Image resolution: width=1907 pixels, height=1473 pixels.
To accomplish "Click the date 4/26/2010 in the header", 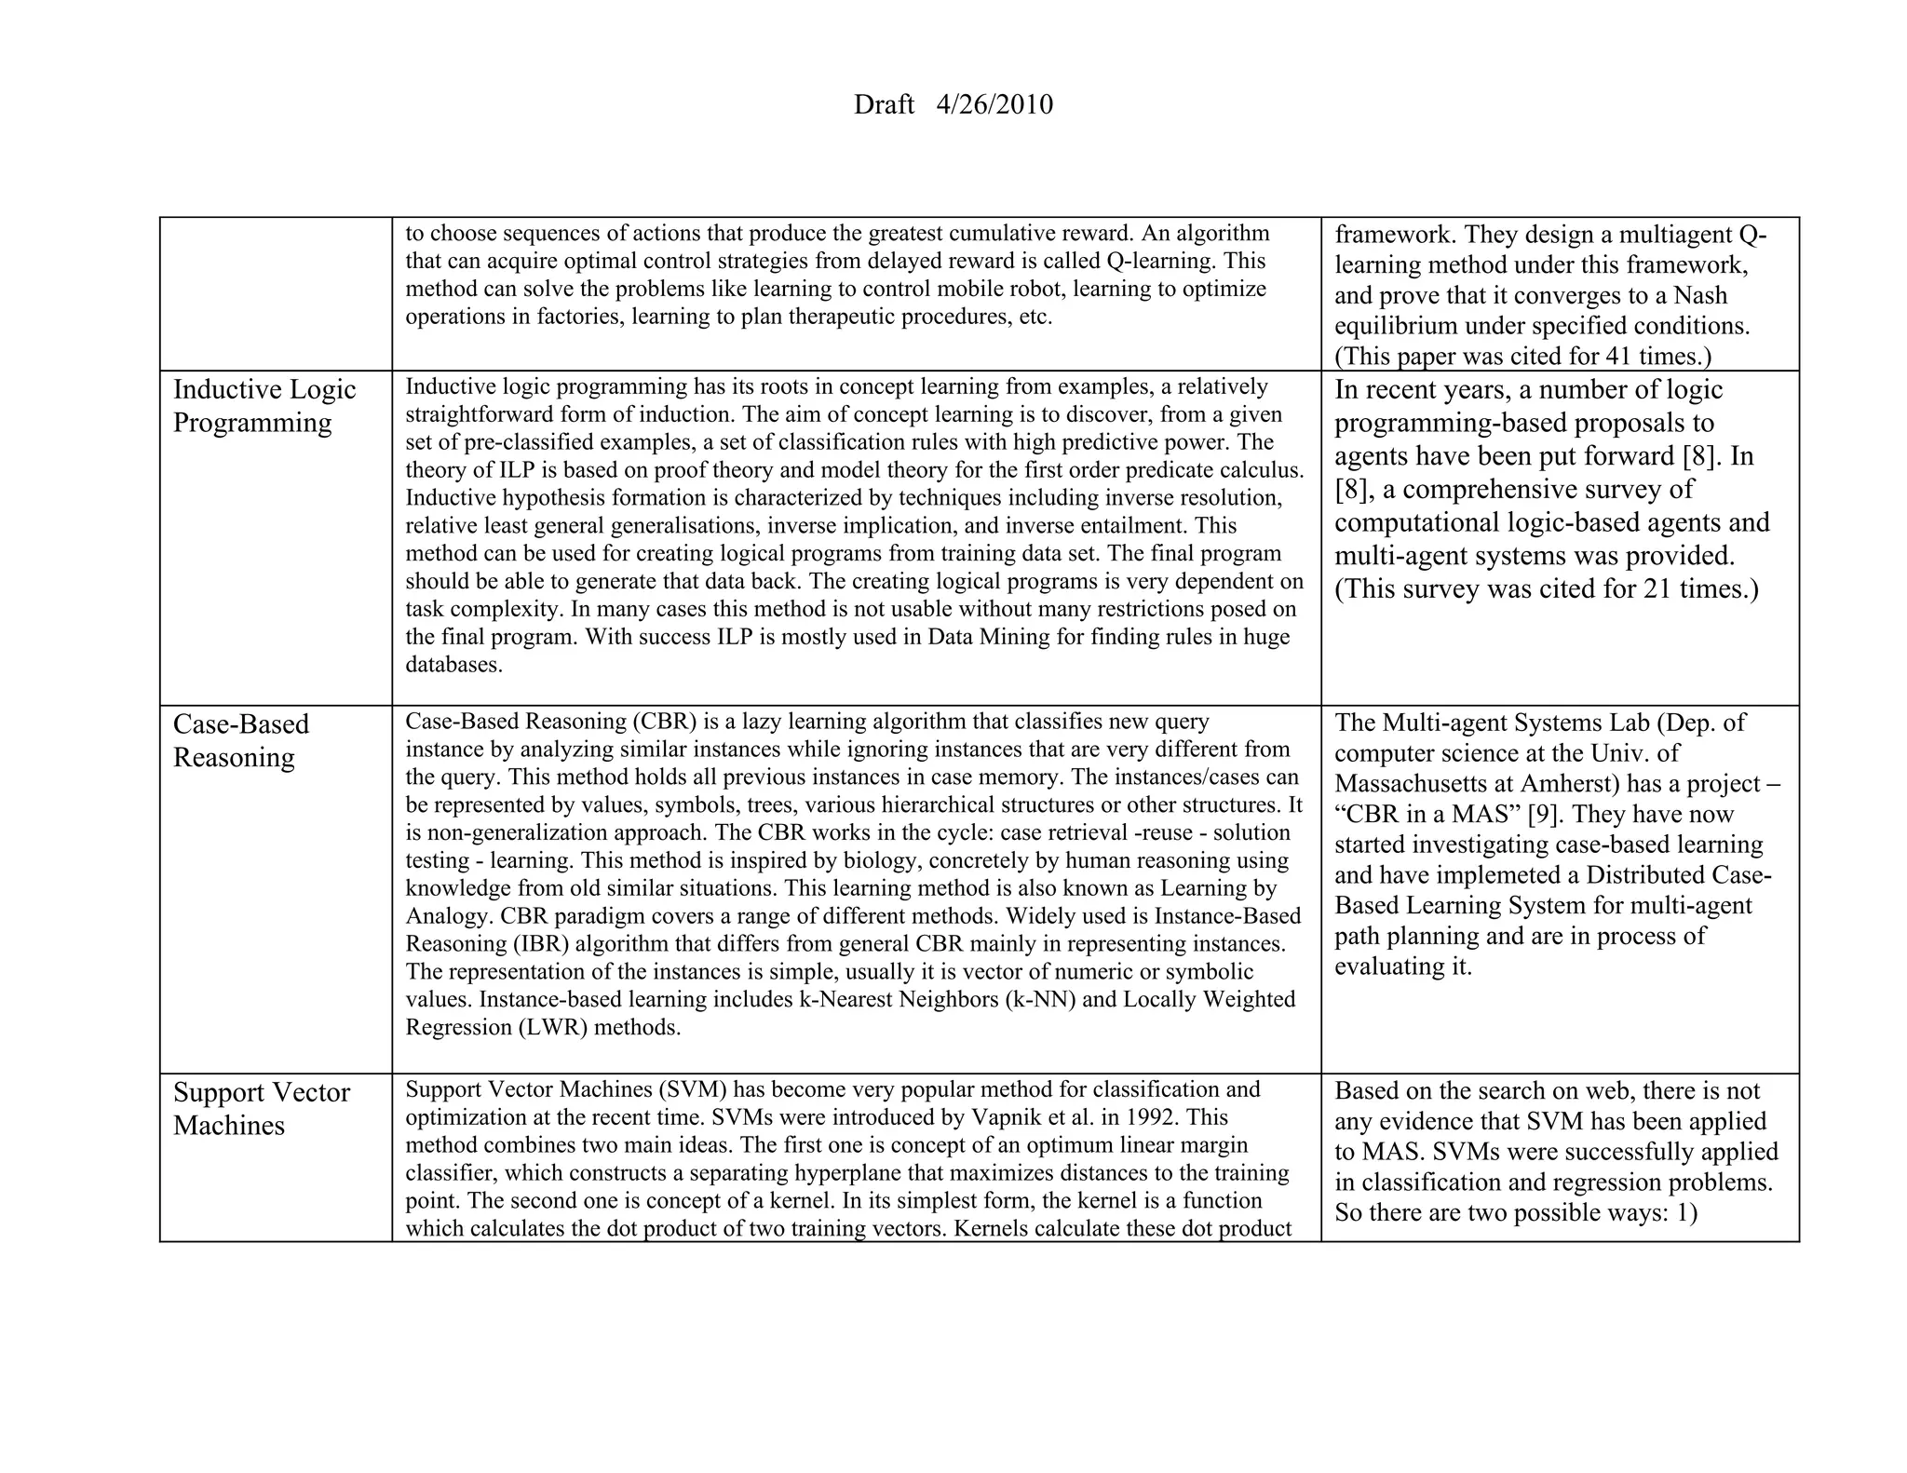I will pos(994,104).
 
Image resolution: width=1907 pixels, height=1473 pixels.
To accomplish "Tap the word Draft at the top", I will pos(884,104).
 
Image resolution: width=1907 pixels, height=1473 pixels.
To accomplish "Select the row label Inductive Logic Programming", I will pos(264,405).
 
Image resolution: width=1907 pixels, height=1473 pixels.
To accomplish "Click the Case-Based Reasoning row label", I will pos(240,740).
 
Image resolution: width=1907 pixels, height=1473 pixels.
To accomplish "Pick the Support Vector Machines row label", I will pos(261,1108).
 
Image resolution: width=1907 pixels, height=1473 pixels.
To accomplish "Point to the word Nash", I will pos(1700,295).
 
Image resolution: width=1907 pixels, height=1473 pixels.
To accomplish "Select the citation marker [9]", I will pos(1546,814).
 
